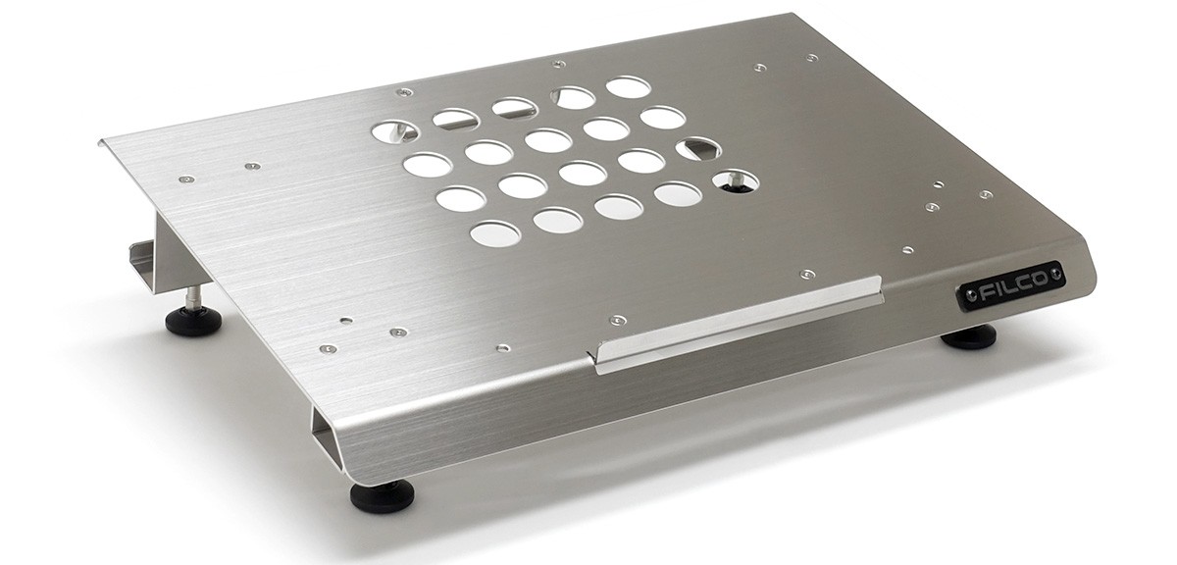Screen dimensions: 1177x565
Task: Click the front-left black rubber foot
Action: [382, 496]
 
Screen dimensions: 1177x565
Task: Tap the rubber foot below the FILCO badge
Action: [968, 336]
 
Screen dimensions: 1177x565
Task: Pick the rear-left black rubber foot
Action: [193, 320]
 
